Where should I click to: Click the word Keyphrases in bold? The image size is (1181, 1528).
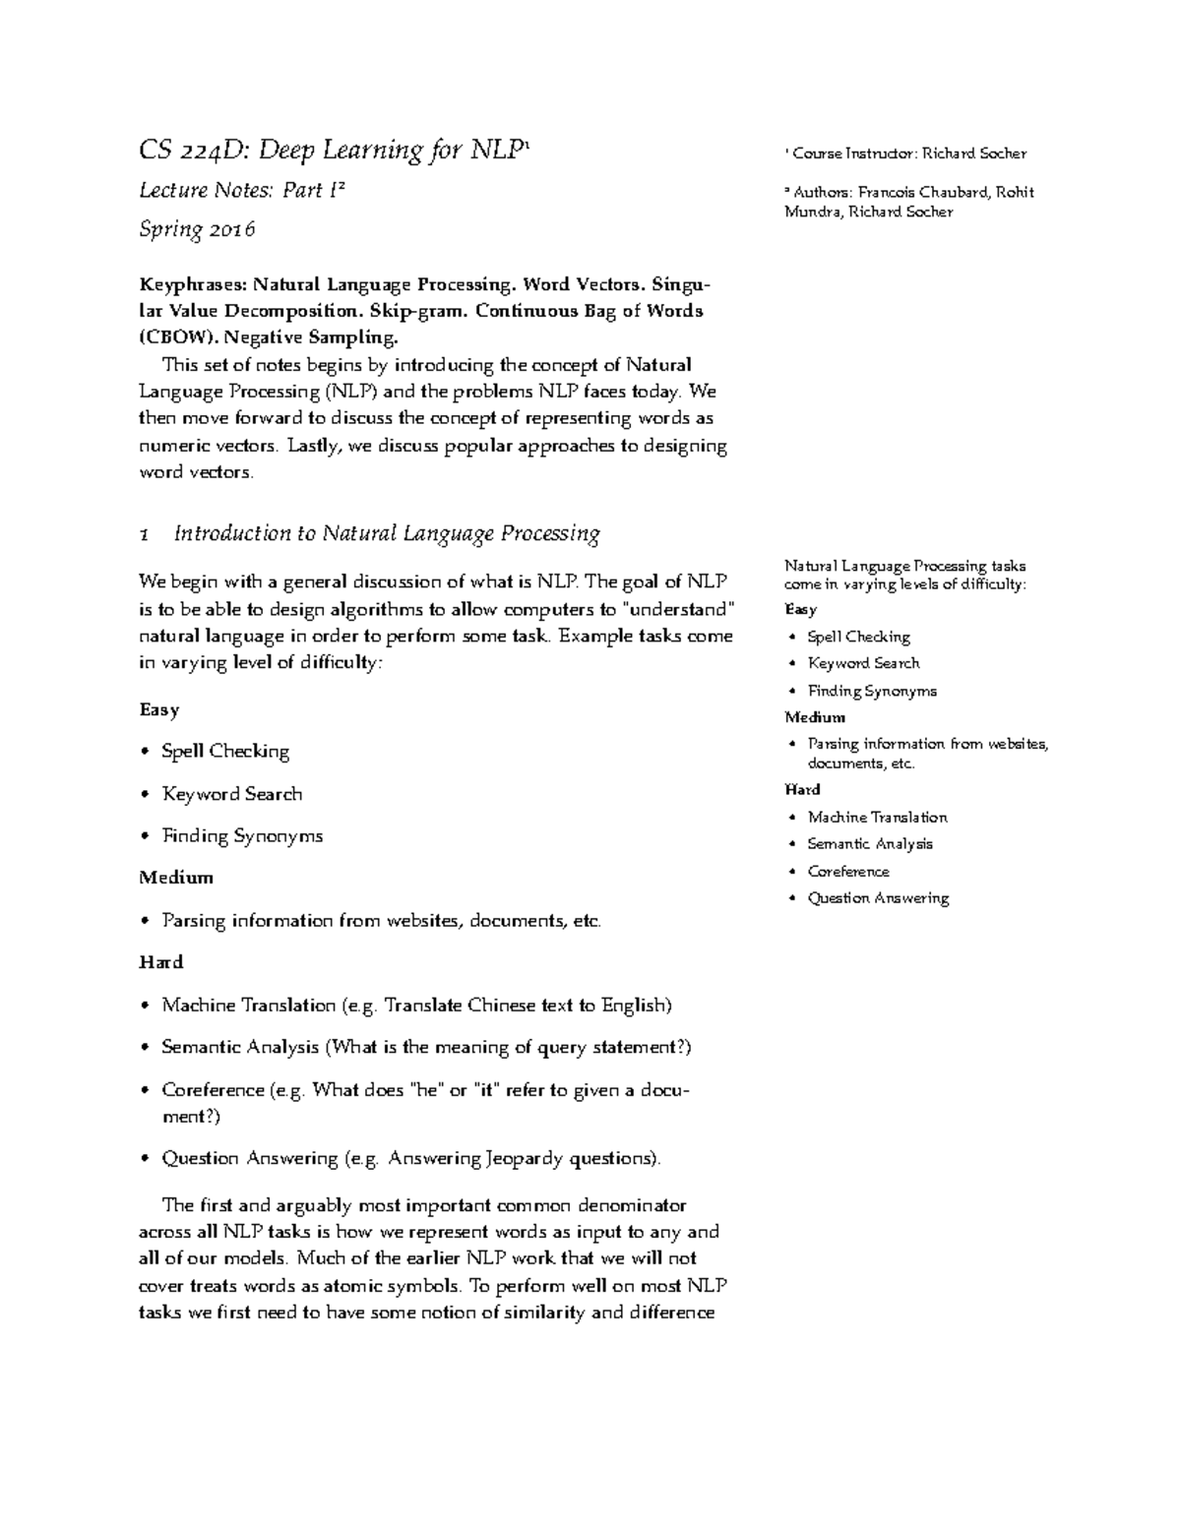[x=193, y=285]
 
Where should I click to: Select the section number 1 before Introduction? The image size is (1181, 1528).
[x=145, y=535]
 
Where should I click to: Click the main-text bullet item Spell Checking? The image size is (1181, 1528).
[x=225, y=752]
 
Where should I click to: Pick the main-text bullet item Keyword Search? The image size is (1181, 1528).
[x=232, y=794]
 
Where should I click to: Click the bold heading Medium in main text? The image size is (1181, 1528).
[x=176, y=878]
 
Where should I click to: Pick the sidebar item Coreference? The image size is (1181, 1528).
[x=848, y=872]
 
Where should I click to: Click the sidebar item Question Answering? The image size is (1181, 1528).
[x=878, y=898]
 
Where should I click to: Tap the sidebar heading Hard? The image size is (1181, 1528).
[x=802, y=790]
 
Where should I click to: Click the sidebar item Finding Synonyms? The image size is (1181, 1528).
[x=872, y=692]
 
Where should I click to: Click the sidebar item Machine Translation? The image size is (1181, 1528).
[x=877, y=818]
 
